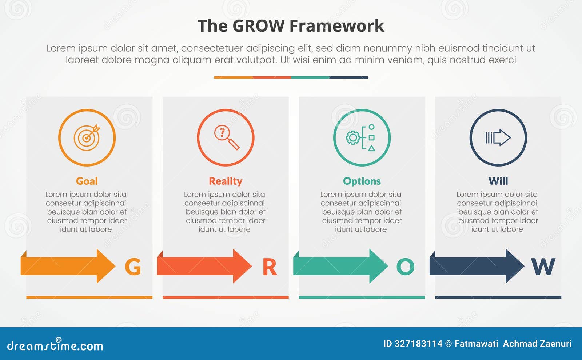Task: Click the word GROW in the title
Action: (258, 26)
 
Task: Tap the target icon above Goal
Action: (87, 138)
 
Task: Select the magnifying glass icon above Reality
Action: (226, 138)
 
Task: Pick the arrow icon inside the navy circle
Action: (498, 138)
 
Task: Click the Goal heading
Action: (87, 181)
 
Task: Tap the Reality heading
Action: (226, 181)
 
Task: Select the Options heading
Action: (362, 181)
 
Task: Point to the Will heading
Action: (498, 181)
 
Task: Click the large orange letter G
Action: (133, 267)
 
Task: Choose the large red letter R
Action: (270, 267)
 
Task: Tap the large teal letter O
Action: (405, 267)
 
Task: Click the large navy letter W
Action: (543, 267)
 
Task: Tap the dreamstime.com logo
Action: (55, 345)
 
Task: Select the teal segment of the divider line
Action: (310, 77)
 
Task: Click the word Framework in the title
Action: (337, 26)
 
